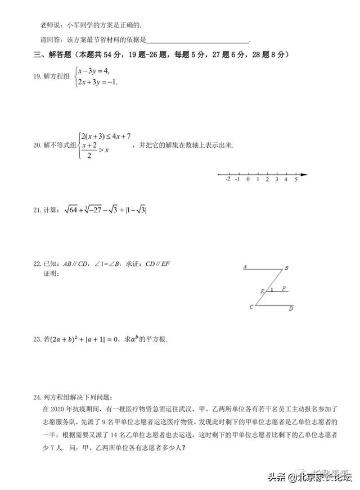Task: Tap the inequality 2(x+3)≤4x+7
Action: (x=106, y=136)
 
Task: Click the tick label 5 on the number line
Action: (x=296, y=180)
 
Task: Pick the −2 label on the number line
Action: (x=227, y=180)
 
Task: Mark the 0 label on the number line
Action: (x=247, y=180)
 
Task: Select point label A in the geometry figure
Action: (x=245, y=267)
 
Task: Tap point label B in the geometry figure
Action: (x=286, y=268)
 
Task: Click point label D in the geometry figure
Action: (x=291, y=308)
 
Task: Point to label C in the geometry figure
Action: (x=251, y=307)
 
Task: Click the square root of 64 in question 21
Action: (x=71, y=210)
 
